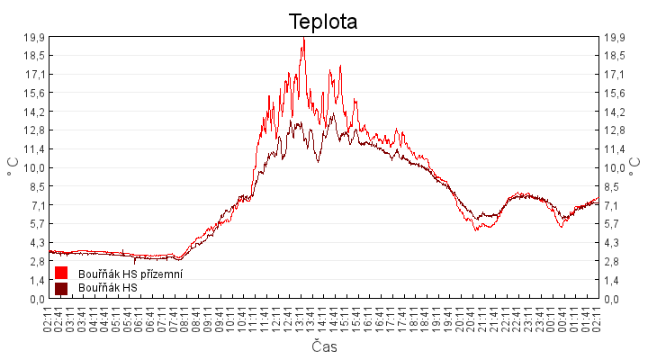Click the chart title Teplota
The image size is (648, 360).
(x=323, y=21)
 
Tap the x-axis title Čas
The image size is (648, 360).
(x=324, y=346)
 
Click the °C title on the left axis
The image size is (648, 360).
(x=13, y=167)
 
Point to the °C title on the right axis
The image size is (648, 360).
(x=635, y=167)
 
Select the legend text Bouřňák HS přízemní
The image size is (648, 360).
(x=130, y=274)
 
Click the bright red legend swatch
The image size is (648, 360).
(x=61, y=273)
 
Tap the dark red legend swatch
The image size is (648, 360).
(x=61, y=288)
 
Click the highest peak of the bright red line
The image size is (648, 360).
(x=303, y=39)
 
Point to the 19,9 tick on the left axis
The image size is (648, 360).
(x=34, y=37)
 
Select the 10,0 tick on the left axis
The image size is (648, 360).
(x=34, y=167)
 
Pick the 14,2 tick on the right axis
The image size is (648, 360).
(x=614, y=112)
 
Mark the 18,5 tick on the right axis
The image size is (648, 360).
(x=614, y=55)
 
